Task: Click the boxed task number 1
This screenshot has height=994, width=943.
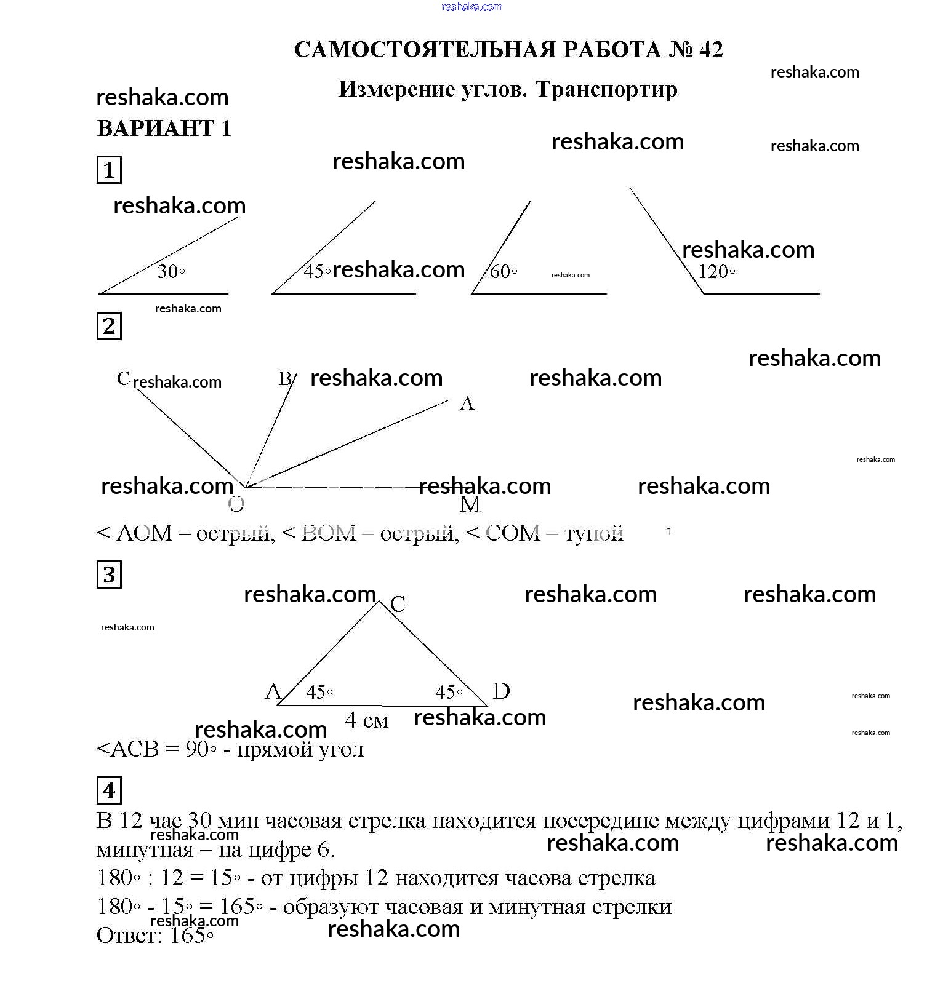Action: point(109,170)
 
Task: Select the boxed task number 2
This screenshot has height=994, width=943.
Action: point(109,326)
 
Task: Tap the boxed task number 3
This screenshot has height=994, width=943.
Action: point(109,575)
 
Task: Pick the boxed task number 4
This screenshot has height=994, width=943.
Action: point(109,790)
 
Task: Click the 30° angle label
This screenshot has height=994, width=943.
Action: point(171,271)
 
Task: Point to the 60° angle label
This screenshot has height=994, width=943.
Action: point(503,271)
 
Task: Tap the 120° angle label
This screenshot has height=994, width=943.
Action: point(716,271)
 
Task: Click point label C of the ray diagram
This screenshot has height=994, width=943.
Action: point(123,378)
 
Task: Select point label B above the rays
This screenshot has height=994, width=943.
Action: point(284,378)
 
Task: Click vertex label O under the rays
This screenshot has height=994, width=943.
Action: point(236,505)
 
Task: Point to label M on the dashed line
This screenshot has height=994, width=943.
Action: point(470,505)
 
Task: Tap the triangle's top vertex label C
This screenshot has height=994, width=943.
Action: point(398,604)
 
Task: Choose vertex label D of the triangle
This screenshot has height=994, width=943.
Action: point(501,691)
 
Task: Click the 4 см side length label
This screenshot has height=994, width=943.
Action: point(367,720)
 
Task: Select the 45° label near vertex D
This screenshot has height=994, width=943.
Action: point(449,693)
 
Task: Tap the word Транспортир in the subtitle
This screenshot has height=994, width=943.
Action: point(606,90)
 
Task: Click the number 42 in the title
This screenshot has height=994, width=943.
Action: point(711,50)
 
